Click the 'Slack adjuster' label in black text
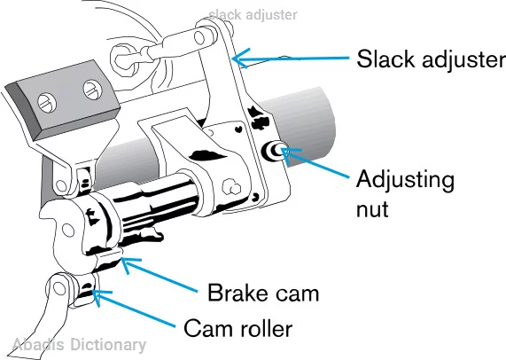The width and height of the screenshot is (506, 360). point(432,59)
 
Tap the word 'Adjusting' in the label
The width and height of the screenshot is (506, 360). point(405,181)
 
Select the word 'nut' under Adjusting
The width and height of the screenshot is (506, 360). point(372,209)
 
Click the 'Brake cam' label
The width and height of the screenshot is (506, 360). point(263,293)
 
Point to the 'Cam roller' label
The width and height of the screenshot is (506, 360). point(237,328)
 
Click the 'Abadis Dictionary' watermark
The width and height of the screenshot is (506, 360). point(79,345)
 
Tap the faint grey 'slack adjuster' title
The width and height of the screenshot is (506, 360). point(253,14)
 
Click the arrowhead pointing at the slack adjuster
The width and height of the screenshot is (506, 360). point(239,59)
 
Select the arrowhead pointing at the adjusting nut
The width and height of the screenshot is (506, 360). point(289,153)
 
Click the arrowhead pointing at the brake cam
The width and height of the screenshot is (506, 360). point(128,264)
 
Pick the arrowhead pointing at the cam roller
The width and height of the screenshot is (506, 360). point(99,296)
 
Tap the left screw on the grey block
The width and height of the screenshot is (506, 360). point(47,103)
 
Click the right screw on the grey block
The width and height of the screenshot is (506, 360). point(93,90)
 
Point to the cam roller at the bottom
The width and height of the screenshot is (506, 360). point(84,290)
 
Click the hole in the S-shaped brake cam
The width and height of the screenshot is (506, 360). point(67,231)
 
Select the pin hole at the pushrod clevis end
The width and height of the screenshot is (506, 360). point(200,38)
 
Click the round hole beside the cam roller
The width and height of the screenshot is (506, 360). point(59,287)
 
